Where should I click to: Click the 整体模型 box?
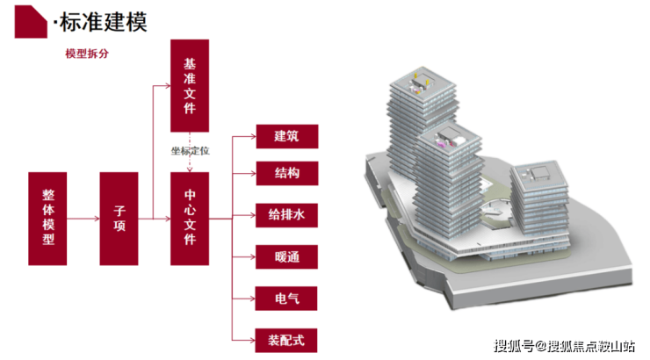(48, 219)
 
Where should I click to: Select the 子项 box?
(119, 219)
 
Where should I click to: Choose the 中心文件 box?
(190, 219)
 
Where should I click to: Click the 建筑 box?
(286, 136)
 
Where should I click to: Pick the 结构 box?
(286, 173)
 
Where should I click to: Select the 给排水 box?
(286, 214)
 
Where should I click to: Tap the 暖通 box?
(286, 258)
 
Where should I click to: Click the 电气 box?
(286, 299)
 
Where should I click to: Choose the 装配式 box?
(286, 339)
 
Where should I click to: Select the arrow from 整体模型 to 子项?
(84, 219)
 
